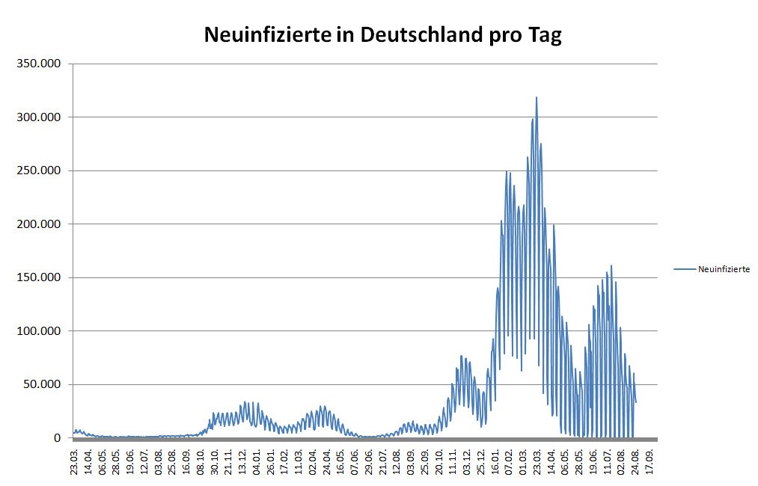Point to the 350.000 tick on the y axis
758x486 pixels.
[x=39, y=64]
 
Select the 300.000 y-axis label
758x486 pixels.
[x=39, y=117]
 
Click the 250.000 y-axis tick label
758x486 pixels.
[x=39, y=170]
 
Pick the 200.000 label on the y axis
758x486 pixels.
[x=39, y=224]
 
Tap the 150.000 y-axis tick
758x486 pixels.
[x=39, y=277]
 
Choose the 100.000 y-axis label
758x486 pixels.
[x=39, y=331]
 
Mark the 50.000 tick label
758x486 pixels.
[x=42, y=384]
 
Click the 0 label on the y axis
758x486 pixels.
[x=56, y=438]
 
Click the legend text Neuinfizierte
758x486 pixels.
[x=724, y=269]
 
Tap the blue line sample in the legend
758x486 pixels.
[x=684, y=269]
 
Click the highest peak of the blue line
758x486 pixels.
[x=536, y=97]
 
